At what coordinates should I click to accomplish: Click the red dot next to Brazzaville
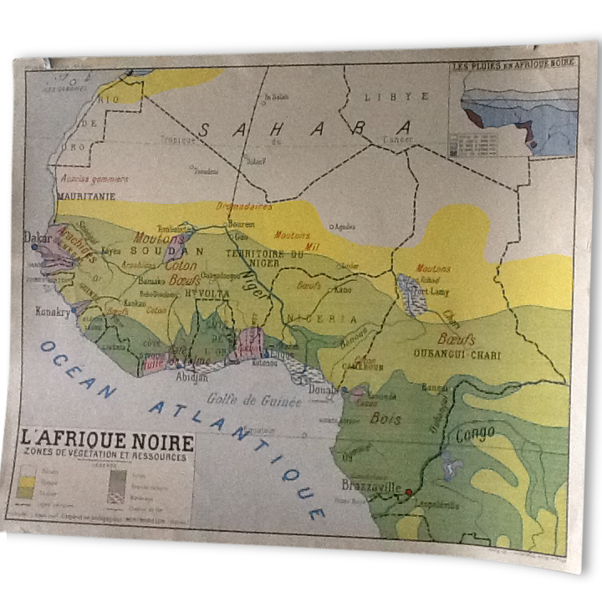(x=408, y=492)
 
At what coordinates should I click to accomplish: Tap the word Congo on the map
(x=475, y=434)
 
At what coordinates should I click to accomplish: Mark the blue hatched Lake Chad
(x=411, y=293)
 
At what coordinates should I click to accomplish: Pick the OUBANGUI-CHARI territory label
(x=457, y=355)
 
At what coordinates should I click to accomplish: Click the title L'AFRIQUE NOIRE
(x=107, y=441)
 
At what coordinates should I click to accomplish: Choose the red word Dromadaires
(x=244, y=207)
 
